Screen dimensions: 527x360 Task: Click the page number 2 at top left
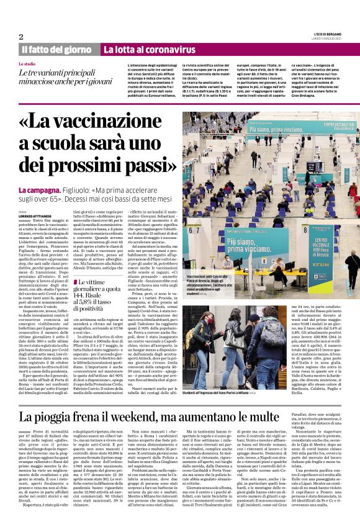coord(21,37)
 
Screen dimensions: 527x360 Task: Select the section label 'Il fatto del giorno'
coord(56,49)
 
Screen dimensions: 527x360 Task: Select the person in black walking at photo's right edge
coord(353,261)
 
